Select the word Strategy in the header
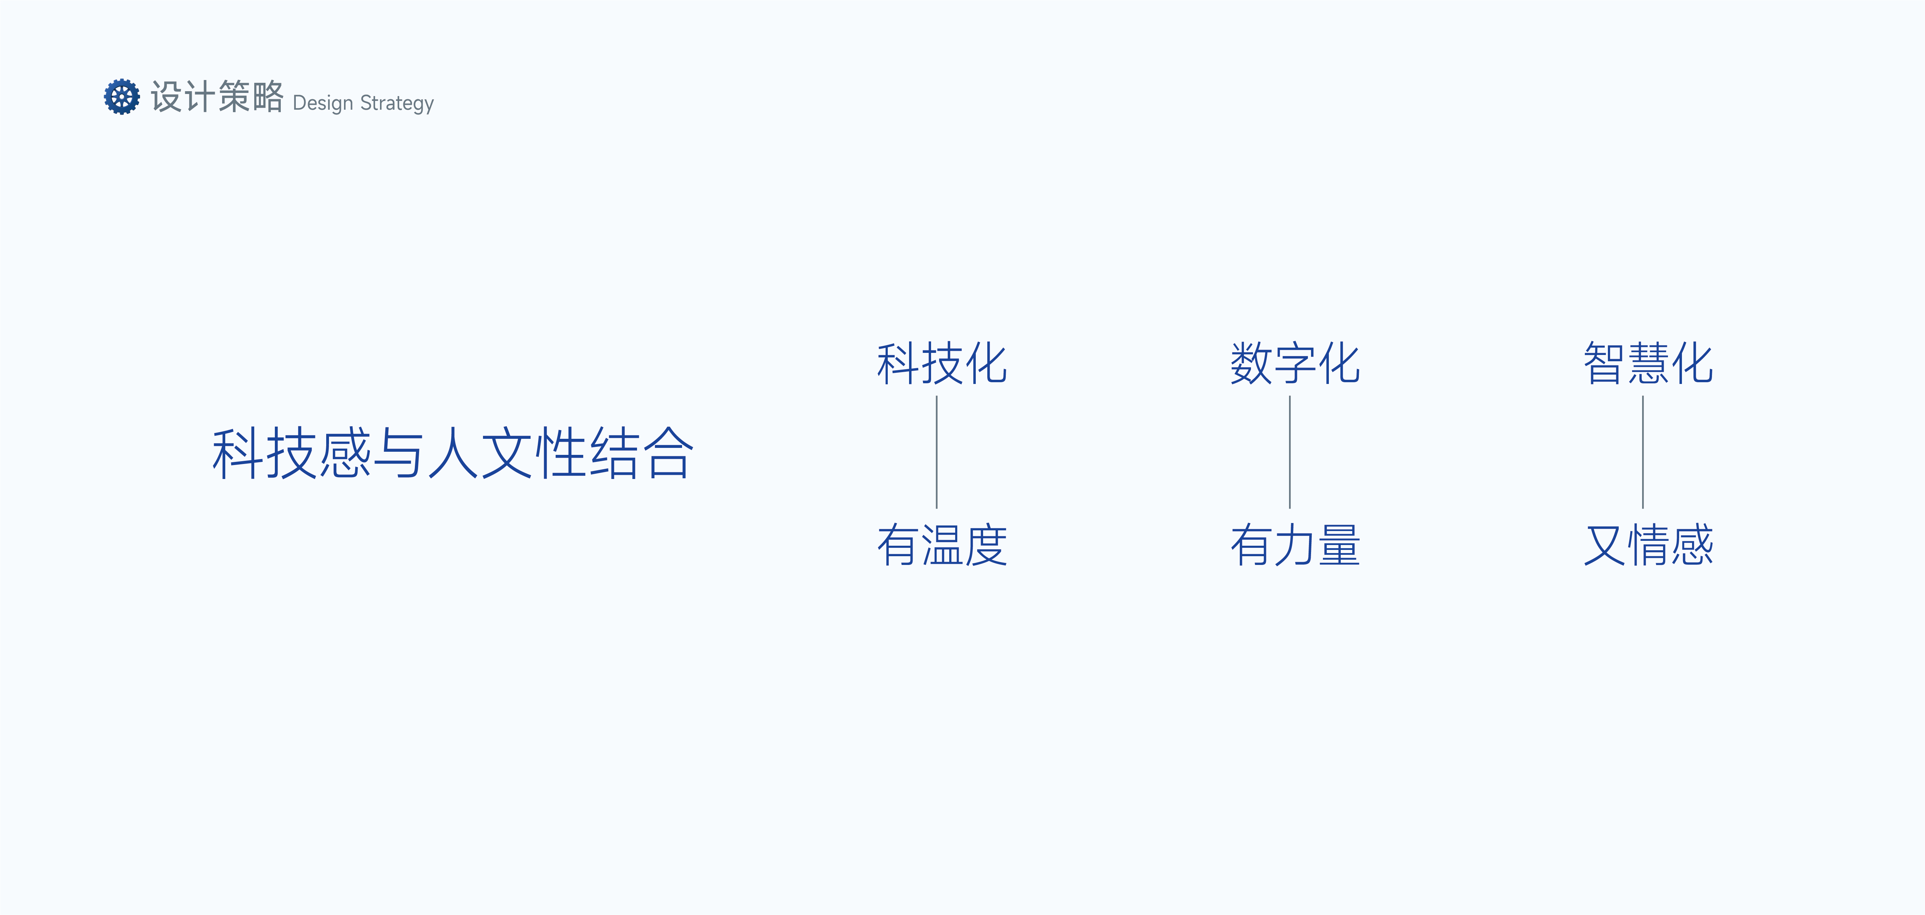coord(397,103)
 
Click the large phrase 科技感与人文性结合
coord(453,453)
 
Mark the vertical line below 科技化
coord(936,452)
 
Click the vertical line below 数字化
coord(1290,452)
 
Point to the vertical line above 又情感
coord(1642,452)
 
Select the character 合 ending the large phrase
coord(669,453)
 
